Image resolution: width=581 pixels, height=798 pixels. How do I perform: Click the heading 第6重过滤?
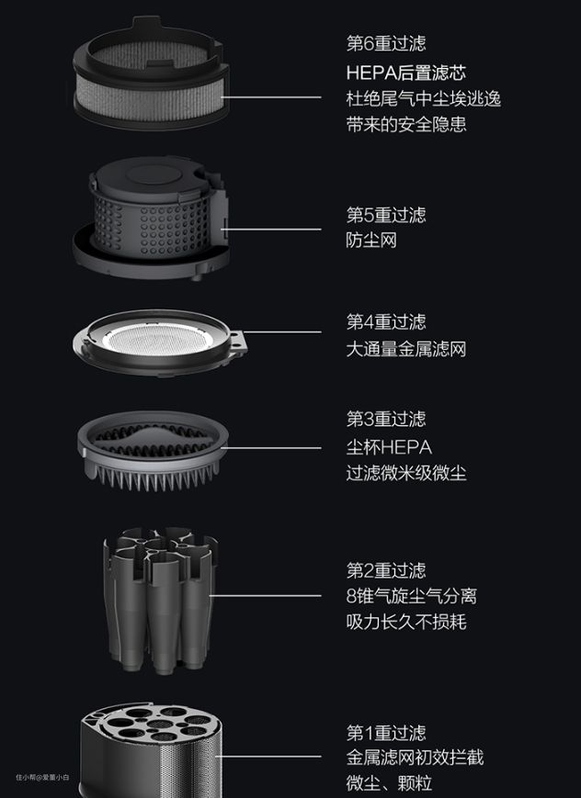(x=386, y=43)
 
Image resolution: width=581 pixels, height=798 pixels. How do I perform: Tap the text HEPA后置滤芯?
(x=405, y=73)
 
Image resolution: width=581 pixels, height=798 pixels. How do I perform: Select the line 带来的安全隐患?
(x=406, y=124)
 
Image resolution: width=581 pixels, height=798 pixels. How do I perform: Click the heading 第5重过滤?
(x=386, y=215)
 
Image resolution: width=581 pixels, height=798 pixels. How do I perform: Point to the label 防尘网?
(x=371, y=241)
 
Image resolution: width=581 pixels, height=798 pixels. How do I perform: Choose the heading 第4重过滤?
(x=386, y=321)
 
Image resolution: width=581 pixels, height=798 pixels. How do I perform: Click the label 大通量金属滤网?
(x=406, y=349)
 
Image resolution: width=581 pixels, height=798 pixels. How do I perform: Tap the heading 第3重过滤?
(x=386, y=419)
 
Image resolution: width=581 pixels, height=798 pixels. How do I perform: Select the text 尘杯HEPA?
(x=389, y=447)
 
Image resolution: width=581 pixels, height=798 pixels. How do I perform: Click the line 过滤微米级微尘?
(x=406, y=473)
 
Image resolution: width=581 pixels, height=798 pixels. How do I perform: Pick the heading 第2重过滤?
(x=386, y=570)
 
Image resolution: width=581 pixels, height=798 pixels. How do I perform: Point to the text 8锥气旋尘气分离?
(x=411, y=596)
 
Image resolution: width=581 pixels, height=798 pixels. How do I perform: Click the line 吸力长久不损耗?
(x=406, y=622)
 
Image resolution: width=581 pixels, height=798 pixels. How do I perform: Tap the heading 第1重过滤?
(x=386, y=733)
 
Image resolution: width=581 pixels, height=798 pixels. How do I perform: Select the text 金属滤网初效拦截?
(x=415, y=758)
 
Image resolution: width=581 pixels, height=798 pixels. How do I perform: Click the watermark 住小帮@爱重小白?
(x=42, y=777)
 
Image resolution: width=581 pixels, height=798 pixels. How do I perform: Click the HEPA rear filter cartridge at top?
(x=151, y=73)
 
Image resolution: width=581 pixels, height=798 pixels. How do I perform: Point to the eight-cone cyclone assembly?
(x=161, y=601)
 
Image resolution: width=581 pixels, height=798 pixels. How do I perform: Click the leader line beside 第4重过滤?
(x=283, y=332)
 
